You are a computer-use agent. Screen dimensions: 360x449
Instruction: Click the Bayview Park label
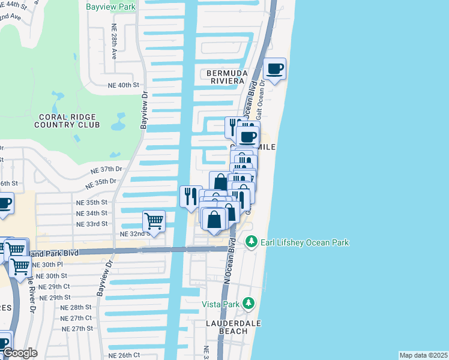click(x=111, y=7)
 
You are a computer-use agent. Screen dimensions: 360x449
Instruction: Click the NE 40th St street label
click(x=124, y=85)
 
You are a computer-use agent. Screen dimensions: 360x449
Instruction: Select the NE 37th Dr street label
click(x=107, y=170)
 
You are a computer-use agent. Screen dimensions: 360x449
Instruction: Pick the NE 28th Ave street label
click(x=113, y=41)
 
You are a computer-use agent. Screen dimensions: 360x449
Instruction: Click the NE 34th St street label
click(x=92, y=213)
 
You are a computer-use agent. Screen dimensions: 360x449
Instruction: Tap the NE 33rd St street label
click(x=92, y=224)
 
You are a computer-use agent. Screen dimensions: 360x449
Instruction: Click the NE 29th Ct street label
click(x=55, y=287)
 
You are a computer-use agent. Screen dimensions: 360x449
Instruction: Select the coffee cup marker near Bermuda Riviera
click(x=275, y=70)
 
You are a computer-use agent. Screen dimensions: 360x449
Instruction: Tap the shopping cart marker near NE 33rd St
click(x=154, y=221)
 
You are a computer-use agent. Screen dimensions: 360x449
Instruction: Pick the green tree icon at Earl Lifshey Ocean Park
click(x=251, y=242)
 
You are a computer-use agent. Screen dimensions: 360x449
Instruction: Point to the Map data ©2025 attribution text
click(x=423, y=355)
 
